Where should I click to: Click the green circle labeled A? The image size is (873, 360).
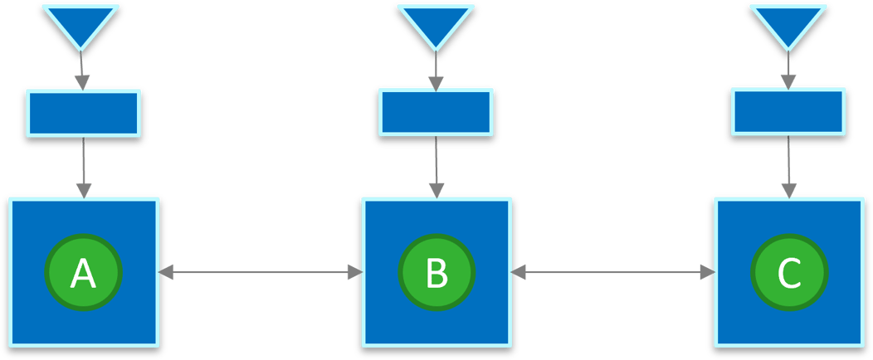(x=83, y=272)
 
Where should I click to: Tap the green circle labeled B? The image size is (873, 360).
(x=436, y=272)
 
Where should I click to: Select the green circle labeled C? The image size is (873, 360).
(x=789, y=272)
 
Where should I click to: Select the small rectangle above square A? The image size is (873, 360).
(x=83, y=113)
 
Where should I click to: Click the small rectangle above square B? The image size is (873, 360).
(x=436, y=110)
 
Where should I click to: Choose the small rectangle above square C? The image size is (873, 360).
(x=788, y=110)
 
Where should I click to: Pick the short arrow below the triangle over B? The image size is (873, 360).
(x=436, y=71)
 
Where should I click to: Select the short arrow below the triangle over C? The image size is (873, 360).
(x=788, y=71)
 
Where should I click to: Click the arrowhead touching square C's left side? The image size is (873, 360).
(x=708, y=272)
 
